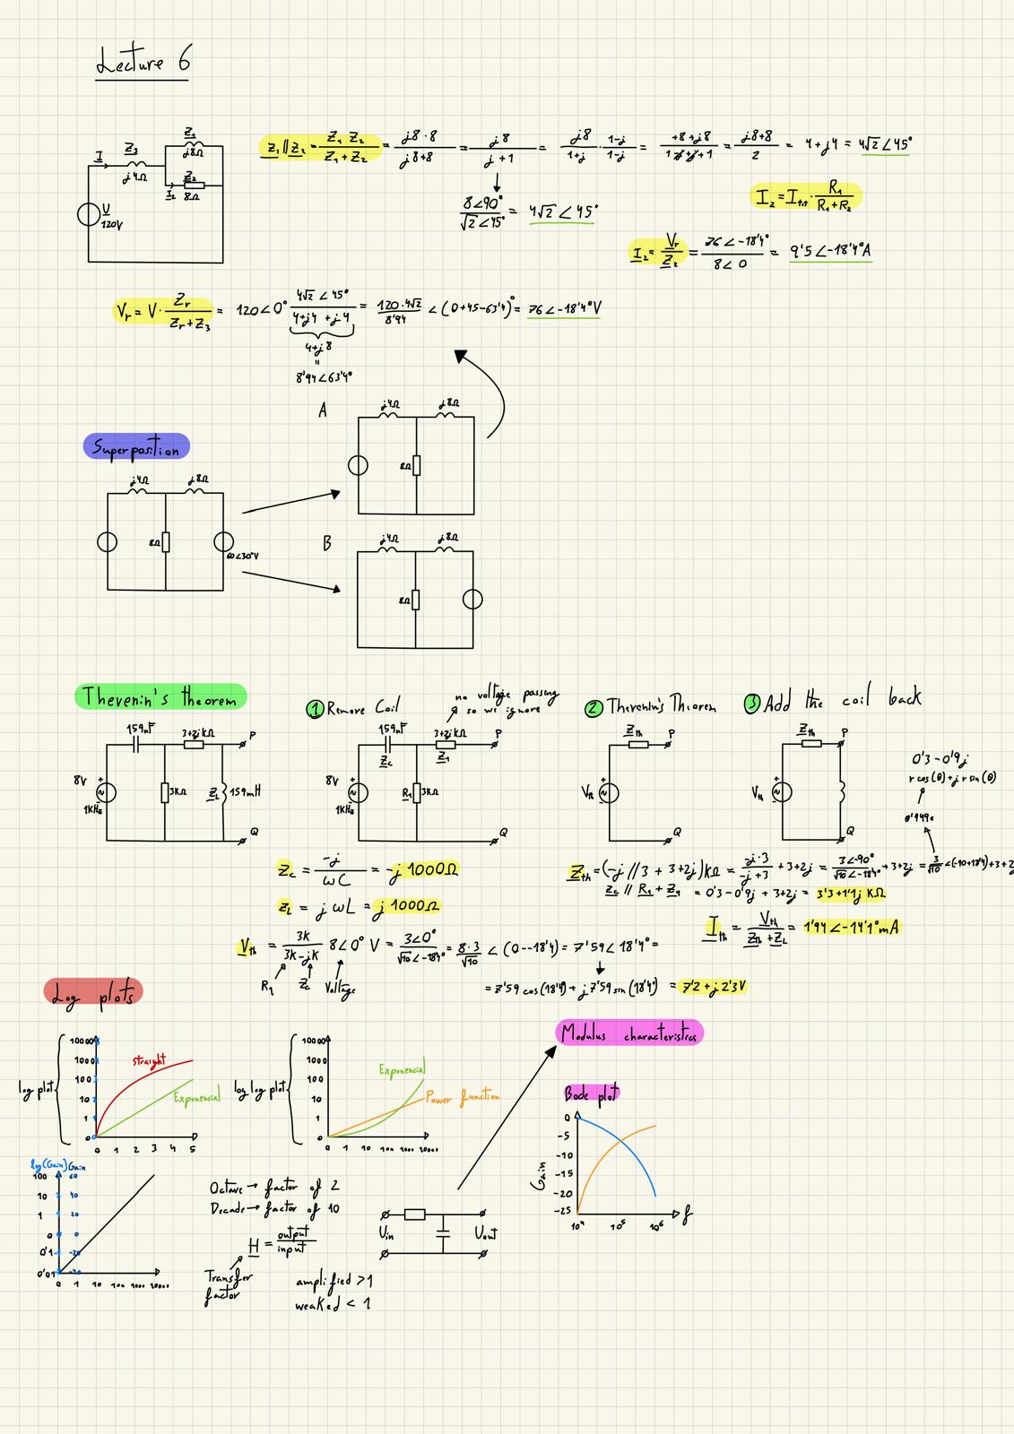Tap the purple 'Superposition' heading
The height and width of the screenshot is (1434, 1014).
coord(136,447)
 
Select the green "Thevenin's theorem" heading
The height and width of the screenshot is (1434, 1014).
coord(160,696)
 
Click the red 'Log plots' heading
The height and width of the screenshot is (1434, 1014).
coord(93,992)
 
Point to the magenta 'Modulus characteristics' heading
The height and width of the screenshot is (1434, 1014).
coord(629,1032)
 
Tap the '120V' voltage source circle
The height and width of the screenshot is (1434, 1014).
coord(90,215)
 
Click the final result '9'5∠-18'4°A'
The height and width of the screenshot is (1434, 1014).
coord(830,252)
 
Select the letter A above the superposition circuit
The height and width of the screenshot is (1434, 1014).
coord(323,410)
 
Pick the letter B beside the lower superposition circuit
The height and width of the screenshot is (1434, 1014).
coord(327,543)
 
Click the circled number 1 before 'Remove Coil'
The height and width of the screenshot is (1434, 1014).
coord(315,709)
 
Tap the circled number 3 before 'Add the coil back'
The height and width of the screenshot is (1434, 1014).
coord(752,704)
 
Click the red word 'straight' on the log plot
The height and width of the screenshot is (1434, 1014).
coord(149,1062)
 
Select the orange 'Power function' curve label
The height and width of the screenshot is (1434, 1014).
coord(463,1096)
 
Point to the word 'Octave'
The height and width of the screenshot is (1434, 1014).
coord(227,1188)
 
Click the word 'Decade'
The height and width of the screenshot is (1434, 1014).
coord(228,1209)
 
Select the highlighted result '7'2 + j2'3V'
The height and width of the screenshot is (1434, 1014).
coord(715,987)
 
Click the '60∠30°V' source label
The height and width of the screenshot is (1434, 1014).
coord(244,557)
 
